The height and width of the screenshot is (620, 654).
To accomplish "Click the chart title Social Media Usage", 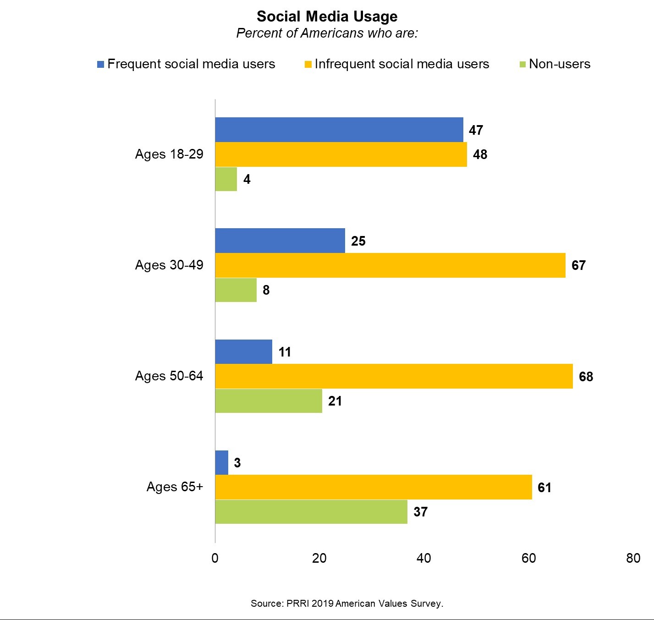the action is pos(327,16).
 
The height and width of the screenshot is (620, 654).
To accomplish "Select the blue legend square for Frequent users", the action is pos(100,64).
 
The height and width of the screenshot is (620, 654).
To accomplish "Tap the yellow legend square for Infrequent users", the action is pos(308,64).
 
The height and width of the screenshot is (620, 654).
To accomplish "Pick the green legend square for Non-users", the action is pos(522,64).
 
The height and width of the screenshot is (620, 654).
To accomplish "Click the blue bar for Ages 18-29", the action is pos(339,130).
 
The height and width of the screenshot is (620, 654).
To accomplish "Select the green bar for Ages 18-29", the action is pos(226,179).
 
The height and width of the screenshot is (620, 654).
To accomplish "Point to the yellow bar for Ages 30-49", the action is pos(390,265).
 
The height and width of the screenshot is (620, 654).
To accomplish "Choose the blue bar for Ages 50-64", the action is pos(243,351).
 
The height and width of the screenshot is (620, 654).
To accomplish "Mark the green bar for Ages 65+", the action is pos(311,511).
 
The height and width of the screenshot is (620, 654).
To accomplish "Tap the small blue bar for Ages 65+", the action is pos(221,462).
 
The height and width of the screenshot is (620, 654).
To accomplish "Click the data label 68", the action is pos(586,377).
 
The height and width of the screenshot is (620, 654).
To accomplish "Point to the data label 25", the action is pos(358,241).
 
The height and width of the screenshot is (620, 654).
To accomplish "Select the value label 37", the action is pos(420,511).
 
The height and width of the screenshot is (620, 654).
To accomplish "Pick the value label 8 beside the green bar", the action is pos(266,290).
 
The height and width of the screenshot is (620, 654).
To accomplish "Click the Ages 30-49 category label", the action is pos(169,265).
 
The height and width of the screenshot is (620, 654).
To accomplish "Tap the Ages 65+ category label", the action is pos(175,487).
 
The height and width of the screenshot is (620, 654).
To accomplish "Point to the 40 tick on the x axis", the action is pos(424,558).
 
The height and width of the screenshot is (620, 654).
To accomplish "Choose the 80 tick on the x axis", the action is pos(633,558).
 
